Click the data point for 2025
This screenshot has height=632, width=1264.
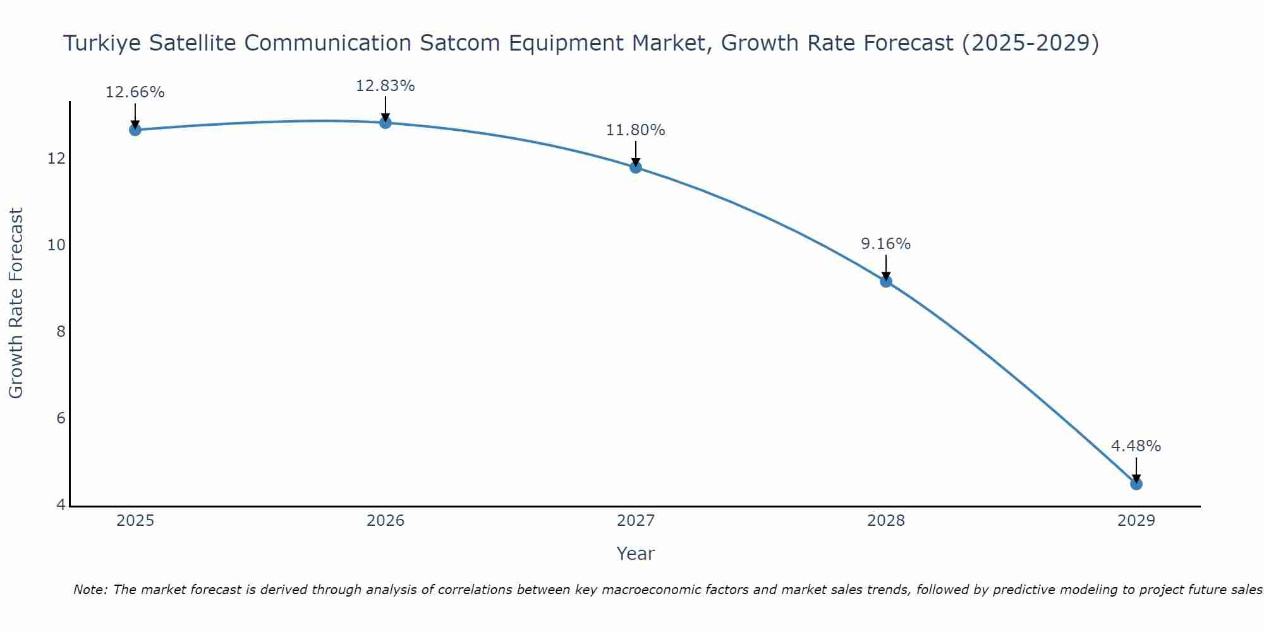(135, 130)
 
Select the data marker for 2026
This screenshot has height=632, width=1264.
(386, 123)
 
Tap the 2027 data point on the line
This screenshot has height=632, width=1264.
(636, 167)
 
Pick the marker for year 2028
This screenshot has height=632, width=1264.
(886, 281)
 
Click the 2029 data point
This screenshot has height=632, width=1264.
(1136, 484)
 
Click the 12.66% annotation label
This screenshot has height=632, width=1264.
(135, 92)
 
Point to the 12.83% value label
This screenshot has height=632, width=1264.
(385, 86)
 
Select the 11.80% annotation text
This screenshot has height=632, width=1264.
(635, 130)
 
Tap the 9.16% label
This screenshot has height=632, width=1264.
(885, 244)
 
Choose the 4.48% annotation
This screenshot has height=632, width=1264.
(1136, 446)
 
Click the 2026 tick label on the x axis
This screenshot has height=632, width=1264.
(386, 521)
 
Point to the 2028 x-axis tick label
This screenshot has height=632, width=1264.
(886, 521)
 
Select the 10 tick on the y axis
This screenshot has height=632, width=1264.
(57, 245)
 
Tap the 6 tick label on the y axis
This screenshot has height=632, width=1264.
(61, 418)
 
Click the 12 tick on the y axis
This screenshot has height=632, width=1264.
(57, 158)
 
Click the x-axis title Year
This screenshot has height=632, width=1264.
(635, 554)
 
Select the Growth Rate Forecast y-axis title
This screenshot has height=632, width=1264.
(16, 303)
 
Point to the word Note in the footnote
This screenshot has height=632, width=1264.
(89, 590)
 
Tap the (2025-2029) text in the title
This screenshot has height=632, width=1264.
(1030, 44)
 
